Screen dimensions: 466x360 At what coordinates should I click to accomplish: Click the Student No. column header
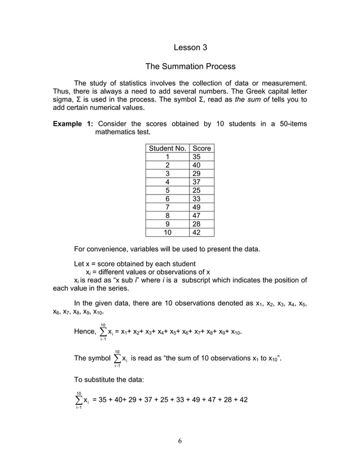167,148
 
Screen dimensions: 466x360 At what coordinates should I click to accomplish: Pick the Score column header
201,148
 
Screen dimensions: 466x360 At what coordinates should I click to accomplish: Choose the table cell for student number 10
167,232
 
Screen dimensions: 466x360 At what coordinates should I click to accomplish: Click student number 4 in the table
167,182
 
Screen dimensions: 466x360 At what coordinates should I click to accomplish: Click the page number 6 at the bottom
179,441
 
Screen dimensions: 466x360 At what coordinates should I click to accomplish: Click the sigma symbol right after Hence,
103,332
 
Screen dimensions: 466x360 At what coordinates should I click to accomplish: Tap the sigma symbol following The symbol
116,358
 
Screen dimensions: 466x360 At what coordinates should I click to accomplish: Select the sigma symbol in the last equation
78,399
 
